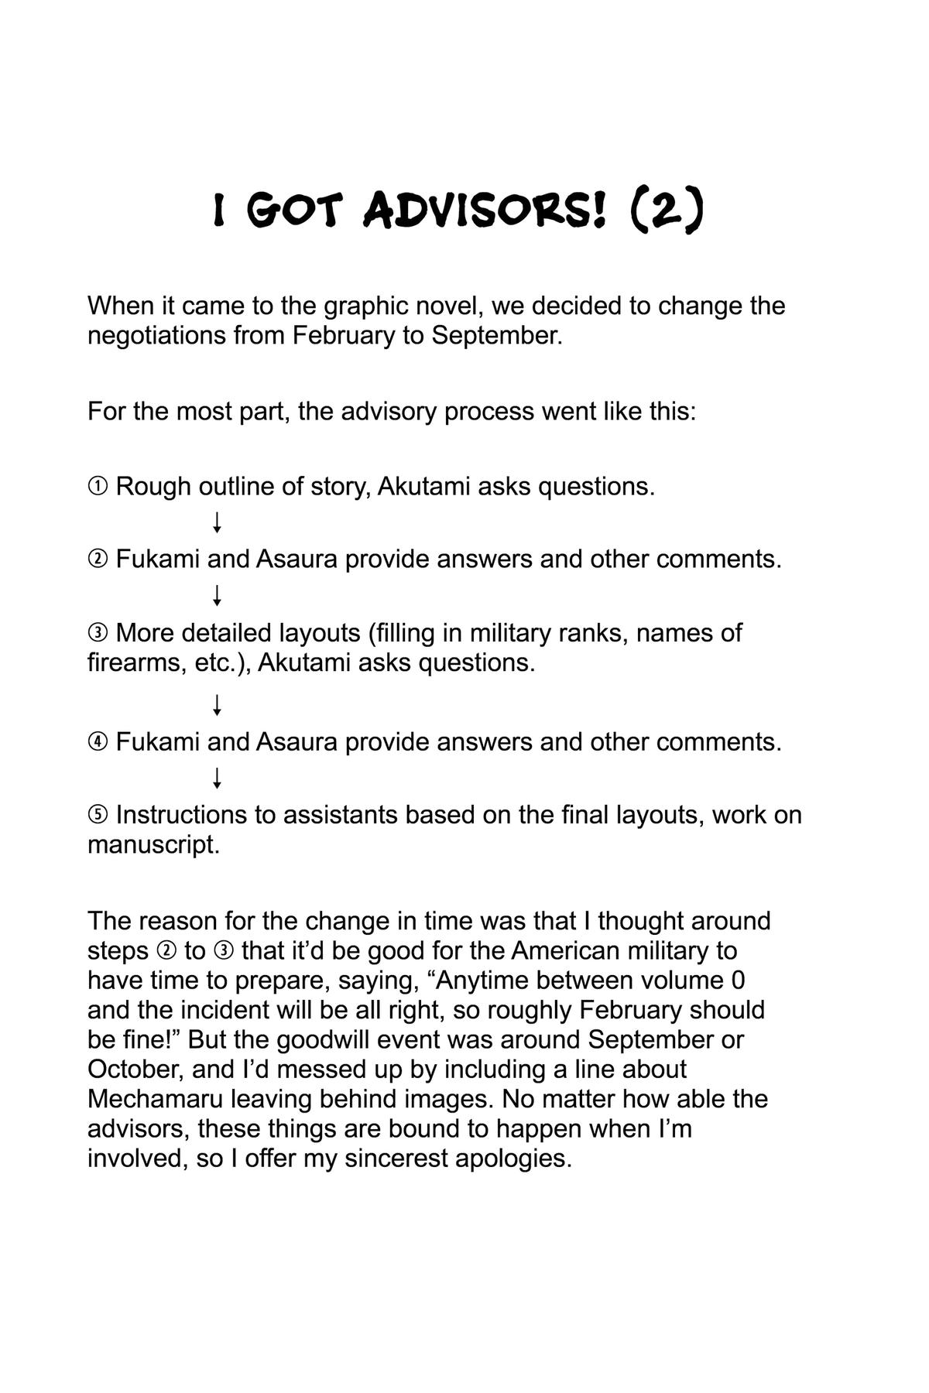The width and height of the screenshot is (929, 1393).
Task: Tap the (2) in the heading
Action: [x=667, y=210]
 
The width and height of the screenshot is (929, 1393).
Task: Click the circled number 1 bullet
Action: [x=98, y=487]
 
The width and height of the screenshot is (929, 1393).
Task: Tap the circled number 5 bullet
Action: [x=98, y=815]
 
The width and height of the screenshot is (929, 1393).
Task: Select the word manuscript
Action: [x=153, y=844]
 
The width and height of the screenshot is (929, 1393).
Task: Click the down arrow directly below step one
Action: [x=218, y=522]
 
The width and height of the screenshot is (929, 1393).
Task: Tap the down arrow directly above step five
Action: [x=218, y=778]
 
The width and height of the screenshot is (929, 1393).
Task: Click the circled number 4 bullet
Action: [x=98, y=742]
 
